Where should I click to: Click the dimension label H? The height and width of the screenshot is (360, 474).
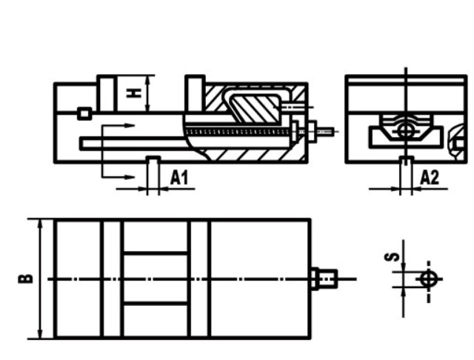[x=134, y=93]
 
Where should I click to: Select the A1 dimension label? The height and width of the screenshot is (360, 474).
[x=180, y=178]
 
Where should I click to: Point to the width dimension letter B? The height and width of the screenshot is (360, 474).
[x=26, y=279]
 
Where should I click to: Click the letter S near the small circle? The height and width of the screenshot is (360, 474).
[x=395, y=256]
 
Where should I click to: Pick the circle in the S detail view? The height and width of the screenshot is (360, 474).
[x=428, y=279]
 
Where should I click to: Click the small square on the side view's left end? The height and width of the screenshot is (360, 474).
[x=84, y=113]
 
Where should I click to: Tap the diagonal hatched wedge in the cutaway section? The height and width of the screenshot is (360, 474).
[x=256, y=107]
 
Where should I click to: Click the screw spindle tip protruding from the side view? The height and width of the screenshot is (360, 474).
[x=326, y=132]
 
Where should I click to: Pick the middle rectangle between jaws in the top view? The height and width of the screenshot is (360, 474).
[x=155, y=279]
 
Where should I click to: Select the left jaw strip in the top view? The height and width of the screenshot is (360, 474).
[x=112, y=279]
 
